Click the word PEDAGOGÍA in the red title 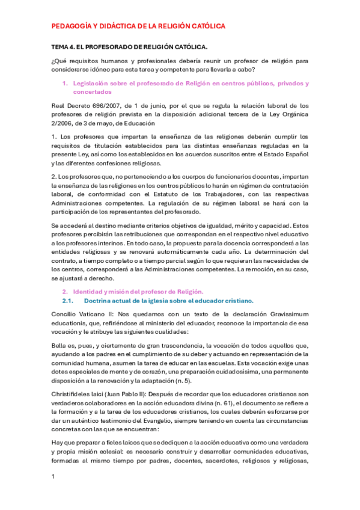72,26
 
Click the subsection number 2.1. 68,300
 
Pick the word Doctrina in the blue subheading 100,300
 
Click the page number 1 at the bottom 54,476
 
